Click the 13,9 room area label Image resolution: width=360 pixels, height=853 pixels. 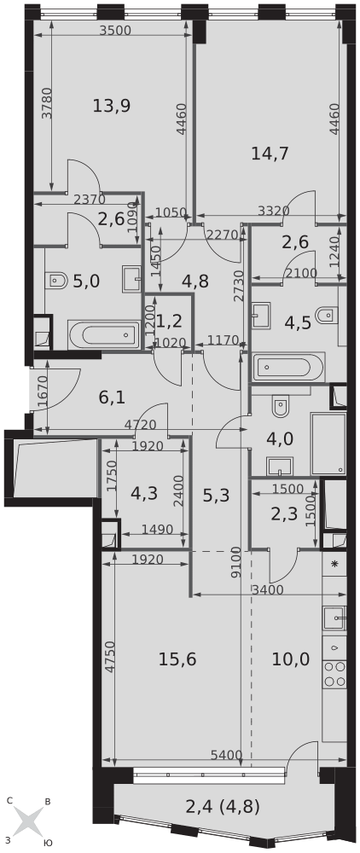(x=111, y=106)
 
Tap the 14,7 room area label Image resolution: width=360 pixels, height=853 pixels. (x=270, y=154)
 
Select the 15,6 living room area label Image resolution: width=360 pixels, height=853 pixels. (x=177, y=659)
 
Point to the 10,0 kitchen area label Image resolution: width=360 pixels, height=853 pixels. (x=291, y=659)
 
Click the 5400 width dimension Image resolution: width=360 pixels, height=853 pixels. (x=226, y=755)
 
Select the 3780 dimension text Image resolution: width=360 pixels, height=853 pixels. (x=47, y=103)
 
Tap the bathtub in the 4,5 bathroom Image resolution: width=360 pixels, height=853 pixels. (x=288, y=368)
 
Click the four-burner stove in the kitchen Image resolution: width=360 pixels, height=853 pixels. (x=334, y=675)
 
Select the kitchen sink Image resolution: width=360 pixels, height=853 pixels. (x=334, y=618)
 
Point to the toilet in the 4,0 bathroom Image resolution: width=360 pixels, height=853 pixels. (x=282, y=406)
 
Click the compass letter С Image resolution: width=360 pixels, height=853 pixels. (x=9, y=800)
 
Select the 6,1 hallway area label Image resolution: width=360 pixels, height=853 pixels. (x=112, y=397)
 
